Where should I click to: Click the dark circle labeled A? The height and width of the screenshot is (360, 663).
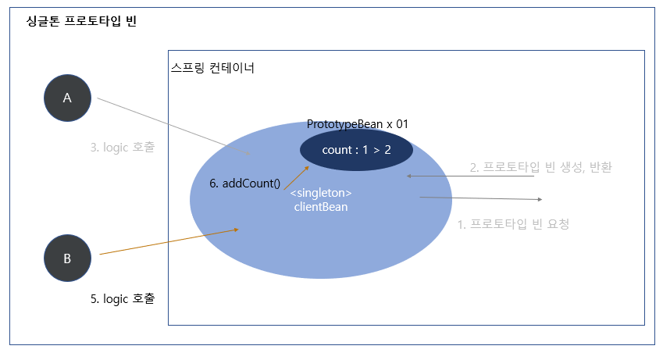coord(67,98)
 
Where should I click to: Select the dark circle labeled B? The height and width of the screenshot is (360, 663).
coord(67,257)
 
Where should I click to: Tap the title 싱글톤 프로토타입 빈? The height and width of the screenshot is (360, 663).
coord(81,21)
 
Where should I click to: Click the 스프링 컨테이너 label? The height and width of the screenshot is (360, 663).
coord(212,68)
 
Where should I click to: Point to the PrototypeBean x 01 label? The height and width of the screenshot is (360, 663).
coord(357,123)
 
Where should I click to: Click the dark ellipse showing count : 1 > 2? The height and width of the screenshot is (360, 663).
coord(356,150)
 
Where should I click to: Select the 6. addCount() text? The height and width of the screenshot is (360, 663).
coord(244,184)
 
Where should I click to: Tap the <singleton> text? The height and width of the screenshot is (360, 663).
coord(321,193)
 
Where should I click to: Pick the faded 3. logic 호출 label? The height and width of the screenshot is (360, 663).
coord(123,146)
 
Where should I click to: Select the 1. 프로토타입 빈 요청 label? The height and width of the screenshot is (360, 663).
coord(513,224)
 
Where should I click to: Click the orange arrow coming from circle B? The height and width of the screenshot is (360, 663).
coord(168,241)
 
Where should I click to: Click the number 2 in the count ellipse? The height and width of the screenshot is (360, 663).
coord(387,150)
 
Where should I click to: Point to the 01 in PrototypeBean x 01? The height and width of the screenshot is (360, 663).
coord(401,123)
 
